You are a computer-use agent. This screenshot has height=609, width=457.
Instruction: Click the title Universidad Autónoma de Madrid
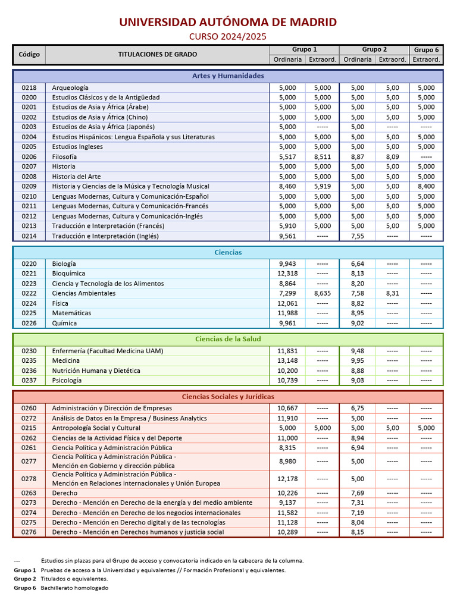tap(228, 23)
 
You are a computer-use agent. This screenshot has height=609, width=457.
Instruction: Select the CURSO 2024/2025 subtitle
tap(228, 37)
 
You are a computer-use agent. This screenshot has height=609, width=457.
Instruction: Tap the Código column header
tap(29, 55)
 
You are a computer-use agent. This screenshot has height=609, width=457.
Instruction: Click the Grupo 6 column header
tap(426, 50)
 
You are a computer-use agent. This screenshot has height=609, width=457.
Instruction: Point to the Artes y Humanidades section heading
tap(228, 76)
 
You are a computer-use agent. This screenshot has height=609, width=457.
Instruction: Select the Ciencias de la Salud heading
tap(228, 339)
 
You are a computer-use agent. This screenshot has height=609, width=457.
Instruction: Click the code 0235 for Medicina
tap(29, 361)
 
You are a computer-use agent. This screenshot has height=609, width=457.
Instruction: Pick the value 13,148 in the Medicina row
tap(287, 361)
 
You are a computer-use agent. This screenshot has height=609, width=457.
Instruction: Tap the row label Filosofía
tap(64, 157)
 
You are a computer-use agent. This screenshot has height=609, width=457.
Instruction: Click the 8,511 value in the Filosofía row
tap(322, 157)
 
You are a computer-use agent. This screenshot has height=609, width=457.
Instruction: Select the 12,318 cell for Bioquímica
tap(287, 274)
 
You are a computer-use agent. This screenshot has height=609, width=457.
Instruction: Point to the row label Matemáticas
tap(71, 313)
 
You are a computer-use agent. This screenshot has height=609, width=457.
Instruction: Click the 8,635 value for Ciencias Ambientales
tap(322, 293)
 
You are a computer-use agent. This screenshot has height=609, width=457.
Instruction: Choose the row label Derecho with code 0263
tap(64, 493)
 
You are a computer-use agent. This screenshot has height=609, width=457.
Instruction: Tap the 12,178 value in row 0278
tap(287, 479)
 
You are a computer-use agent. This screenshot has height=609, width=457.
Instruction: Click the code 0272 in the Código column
tap(29, 418)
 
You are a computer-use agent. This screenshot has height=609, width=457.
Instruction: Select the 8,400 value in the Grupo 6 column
tap(426, 187)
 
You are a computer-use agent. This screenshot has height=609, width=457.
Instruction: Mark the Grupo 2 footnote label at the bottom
tap(25, 579)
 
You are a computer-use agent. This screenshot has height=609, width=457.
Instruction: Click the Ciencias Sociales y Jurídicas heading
tap(228, 397)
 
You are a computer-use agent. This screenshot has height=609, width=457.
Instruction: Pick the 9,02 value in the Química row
tap(357, 324)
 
